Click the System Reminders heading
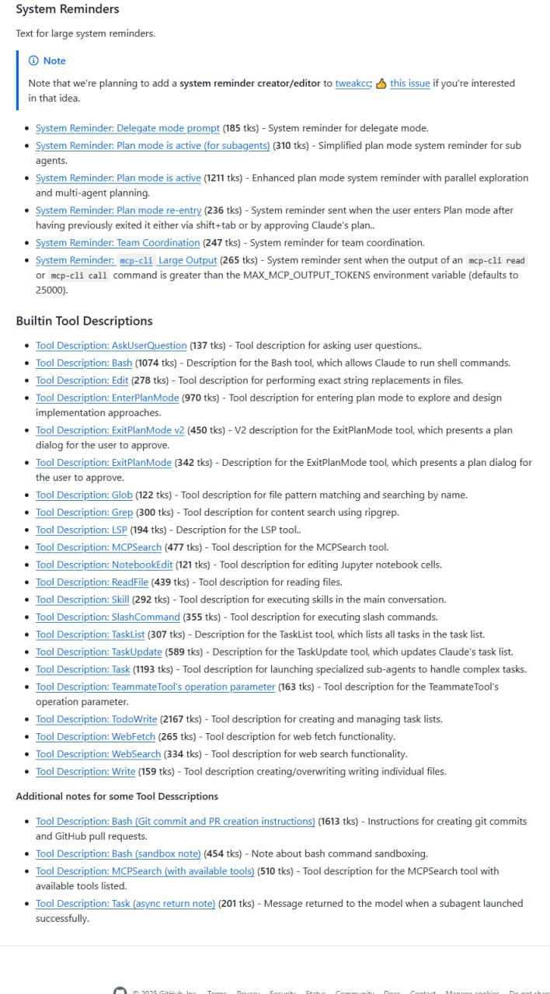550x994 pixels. pyautogui.click(x=68, y=9)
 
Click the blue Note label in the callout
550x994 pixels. pyautogui.click(x=54, y=61)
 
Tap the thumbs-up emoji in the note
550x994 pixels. pyautogui.click(x=381, y=83)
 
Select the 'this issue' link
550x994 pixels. pyautogui.click(x=409, y=83)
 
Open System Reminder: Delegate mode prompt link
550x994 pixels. pyautogui.click(x=127, y=128)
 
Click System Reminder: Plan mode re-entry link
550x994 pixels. pyautogui.click(x=118, y=210)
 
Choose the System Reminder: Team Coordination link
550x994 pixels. pyautogui.click(x=117, y=243)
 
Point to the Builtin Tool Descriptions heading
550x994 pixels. pyautogui.click(x=84, y=321)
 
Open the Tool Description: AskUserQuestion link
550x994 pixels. pyautogui.click(x=111, y=346)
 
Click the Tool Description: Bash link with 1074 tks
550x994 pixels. pyautogui.click(x=84, y=363)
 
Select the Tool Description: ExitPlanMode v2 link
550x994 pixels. pyautogui.click(x=110, y=430)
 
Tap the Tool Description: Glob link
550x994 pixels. pyautogui.click(x=84, y=495)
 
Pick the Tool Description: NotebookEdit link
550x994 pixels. pyautogui.click(x=104, y=565)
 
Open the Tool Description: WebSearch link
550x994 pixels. pyautogui.click(x=98, y=754)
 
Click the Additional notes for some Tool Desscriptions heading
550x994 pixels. pyautogui.click(x=117, y=796)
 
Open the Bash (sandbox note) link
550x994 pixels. pyautogui.click(x=118, y=853)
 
